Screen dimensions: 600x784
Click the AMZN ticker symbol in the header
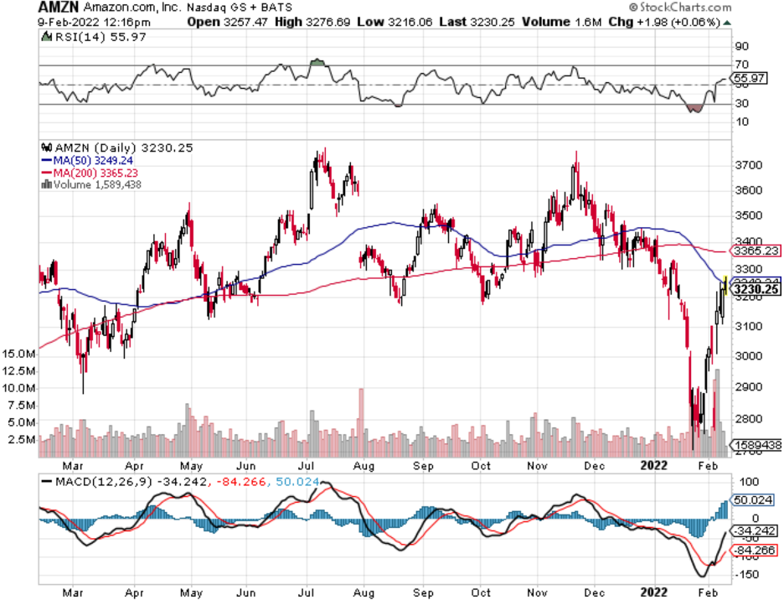[x=56, y=8]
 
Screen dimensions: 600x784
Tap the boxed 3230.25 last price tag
[x=756, y=290]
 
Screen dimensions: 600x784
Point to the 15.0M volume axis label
[x=18, y=354]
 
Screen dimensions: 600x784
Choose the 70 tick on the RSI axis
[x=741, y=65]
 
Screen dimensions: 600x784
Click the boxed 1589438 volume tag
[x=757, y=445]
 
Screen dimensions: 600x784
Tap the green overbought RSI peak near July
[x=316, y=62]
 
